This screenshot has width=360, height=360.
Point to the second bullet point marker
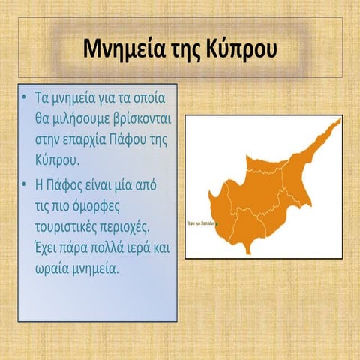[x=25, y=184]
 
